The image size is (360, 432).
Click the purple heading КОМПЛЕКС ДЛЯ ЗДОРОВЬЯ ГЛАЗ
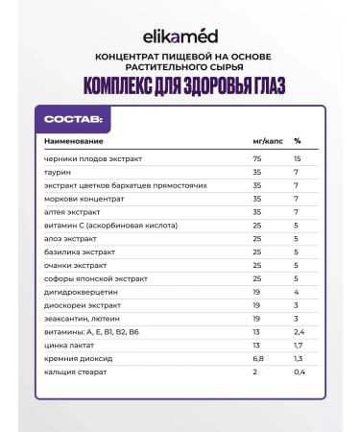pos(180,84)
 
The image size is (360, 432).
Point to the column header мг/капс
pos(260,142)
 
